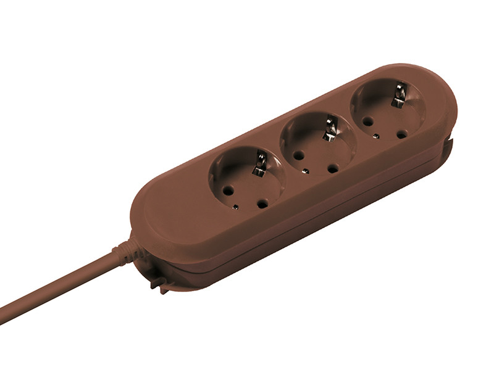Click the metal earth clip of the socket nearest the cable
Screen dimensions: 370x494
coord(261,165)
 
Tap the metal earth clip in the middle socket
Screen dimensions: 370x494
coord(330,130)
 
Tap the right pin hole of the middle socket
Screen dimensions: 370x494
coord(333,167)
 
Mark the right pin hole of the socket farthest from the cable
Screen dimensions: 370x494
coord(401,133)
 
